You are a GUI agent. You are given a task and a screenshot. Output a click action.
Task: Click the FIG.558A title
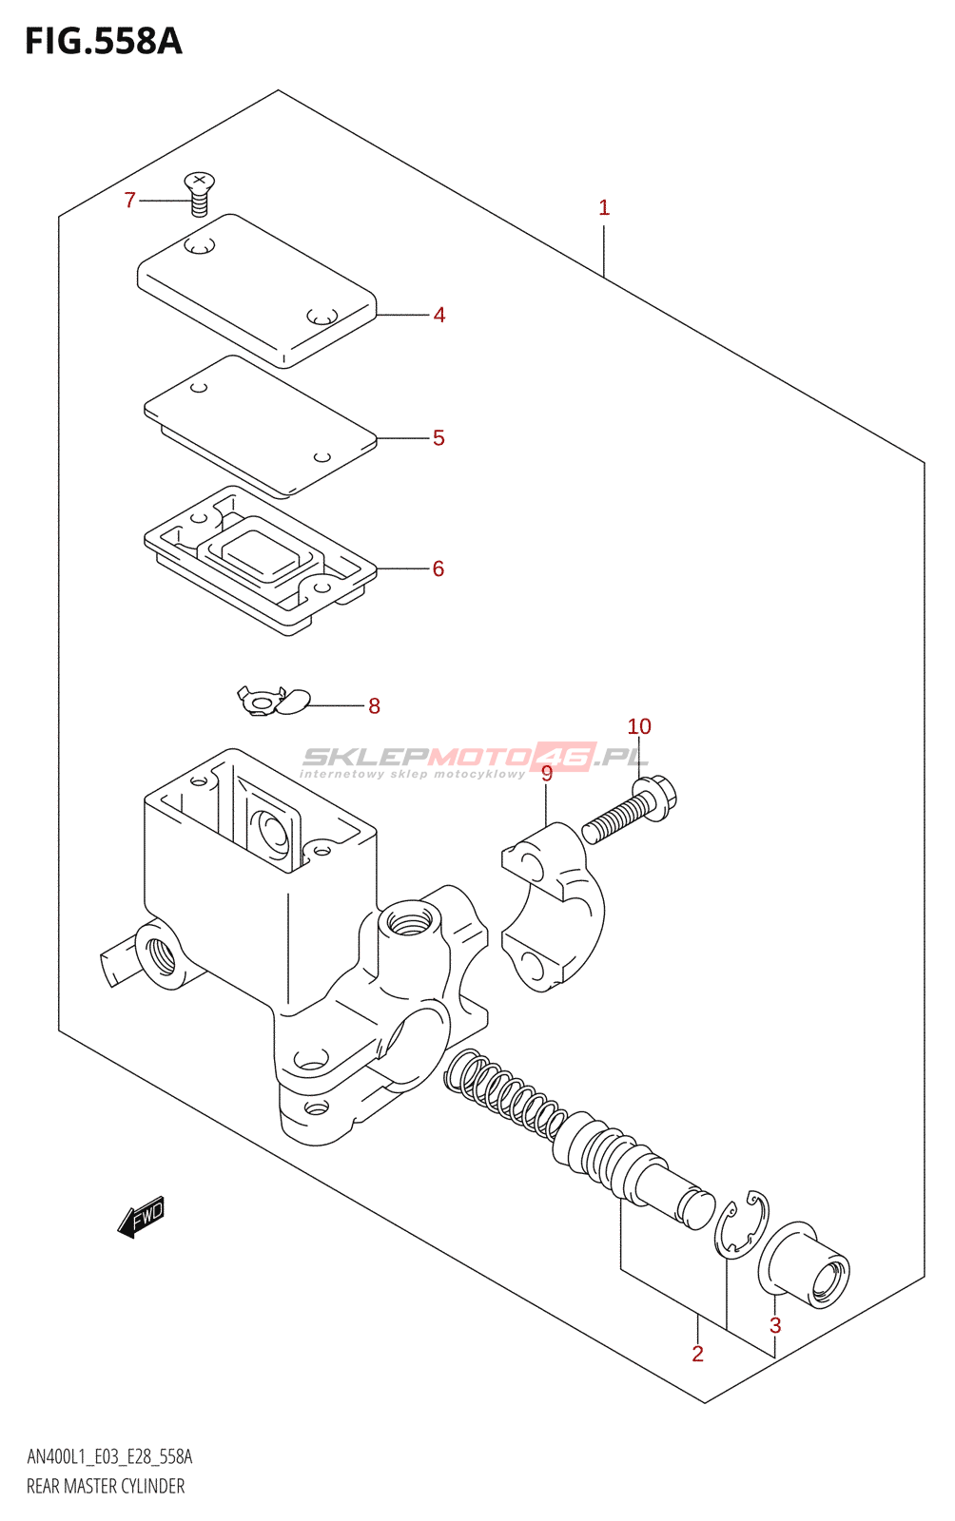click(103, 42)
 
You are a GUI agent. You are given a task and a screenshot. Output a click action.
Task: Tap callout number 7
click(130, 201)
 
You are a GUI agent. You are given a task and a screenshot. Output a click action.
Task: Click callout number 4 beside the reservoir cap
click(439, 315)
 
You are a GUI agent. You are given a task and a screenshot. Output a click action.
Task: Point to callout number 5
click(439, 438)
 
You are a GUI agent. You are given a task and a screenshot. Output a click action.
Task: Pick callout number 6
click(439, 568)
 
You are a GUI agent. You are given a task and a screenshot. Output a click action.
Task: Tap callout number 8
click(374, 706)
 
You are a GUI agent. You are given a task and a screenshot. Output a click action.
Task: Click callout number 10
click(639, 727)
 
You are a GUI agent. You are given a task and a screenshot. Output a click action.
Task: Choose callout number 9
click(547, 774)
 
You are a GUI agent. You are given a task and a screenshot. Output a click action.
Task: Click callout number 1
click(604, 208)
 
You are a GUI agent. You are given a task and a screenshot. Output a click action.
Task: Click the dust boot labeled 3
click(806, 1267)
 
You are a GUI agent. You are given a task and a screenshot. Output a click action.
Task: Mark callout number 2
click(698, 1354)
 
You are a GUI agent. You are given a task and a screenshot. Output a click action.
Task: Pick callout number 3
click(775, 1325)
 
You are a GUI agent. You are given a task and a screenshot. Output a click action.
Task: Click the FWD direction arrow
click(141, 1217)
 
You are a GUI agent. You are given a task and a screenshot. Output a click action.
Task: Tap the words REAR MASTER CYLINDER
click(106, 1486)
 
